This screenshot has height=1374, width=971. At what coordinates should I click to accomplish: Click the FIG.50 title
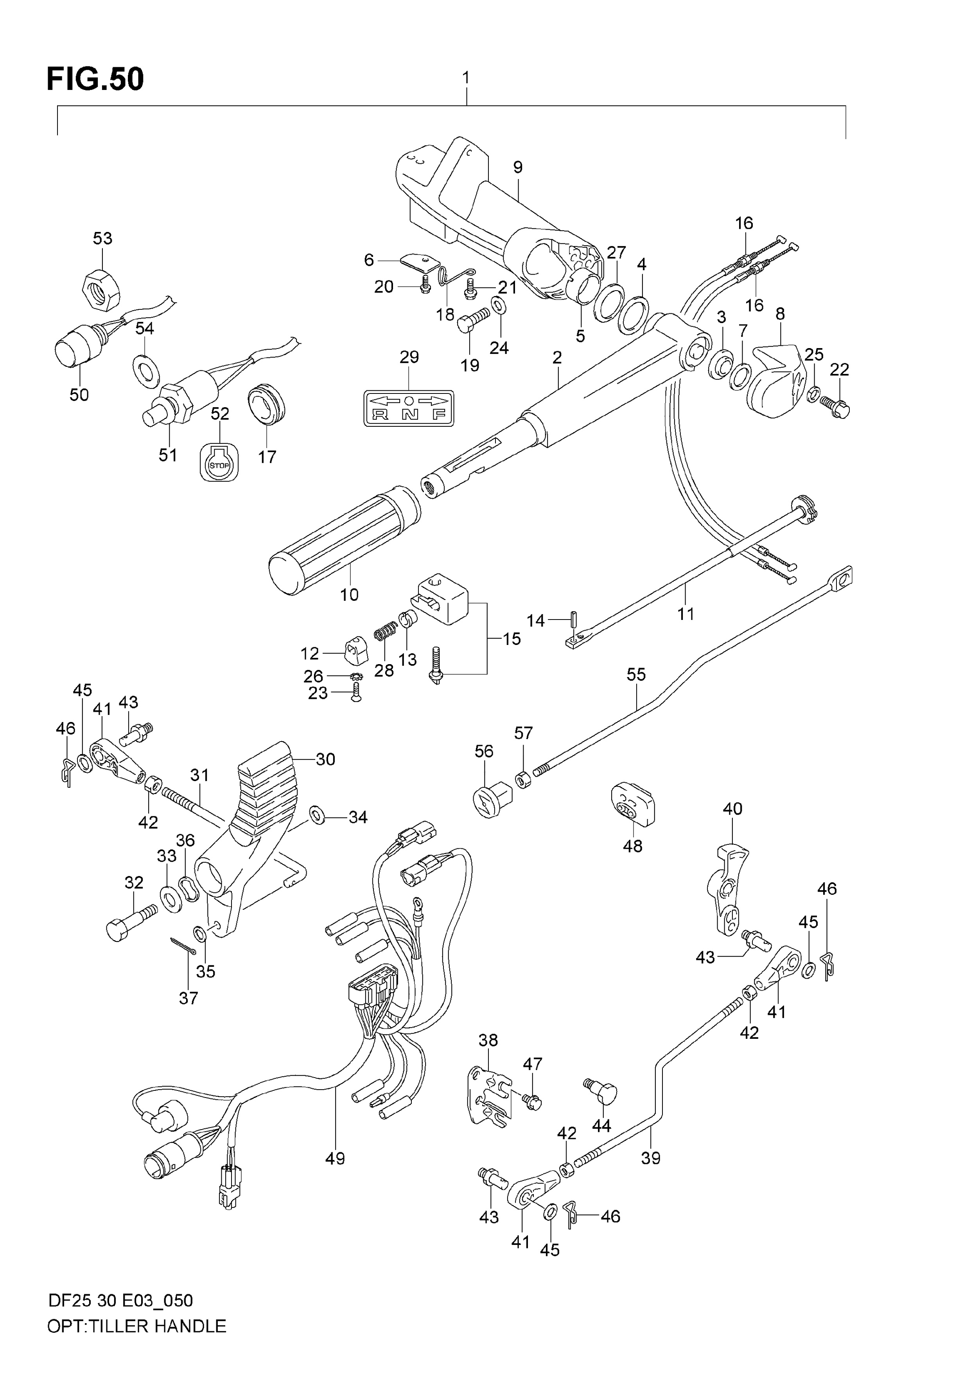[95, 79]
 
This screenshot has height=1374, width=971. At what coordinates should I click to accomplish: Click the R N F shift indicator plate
[409, 408]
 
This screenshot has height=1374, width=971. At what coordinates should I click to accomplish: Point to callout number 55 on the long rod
[636, 674]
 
